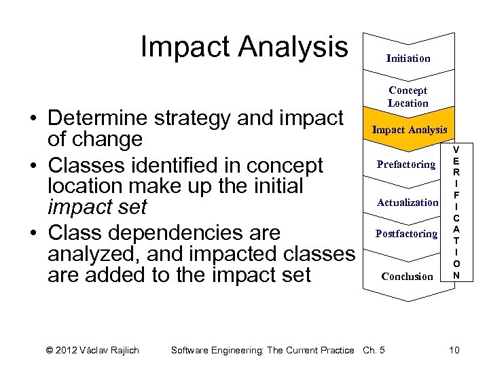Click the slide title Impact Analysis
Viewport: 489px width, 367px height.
click(244, 47)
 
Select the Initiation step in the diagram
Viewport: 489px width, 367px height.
click(408, 58)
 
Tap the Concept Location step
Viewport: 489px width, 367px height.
click(408, 97)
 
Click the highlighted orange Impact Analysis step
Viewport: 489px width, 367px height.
click(409, 129)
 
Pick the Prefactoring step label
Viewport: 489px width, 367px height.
click(406, 164)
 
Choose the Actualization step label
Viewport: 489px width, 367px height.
click(407, 203)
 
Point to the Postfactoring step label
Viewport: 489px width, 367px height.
click(406, 234)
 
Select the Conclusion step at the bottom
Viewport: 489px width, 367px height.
click(407, 277)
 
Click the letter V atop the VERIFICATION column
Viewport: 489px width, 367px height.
click(456, 150)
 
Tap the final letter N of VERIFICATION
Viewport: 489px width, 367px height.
click(456, 275)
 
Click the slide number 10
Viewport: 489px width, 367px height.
click(454, 350)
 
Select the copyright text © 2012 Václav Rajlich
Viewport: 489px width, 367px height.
click(92, 350)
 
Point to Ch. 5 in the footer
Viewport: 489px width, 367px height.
click(374, 350)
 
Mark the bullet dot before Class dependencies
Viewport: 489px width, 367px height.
click(32, 233)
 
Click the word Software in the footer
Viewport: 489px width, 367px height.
click(192, 350)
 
